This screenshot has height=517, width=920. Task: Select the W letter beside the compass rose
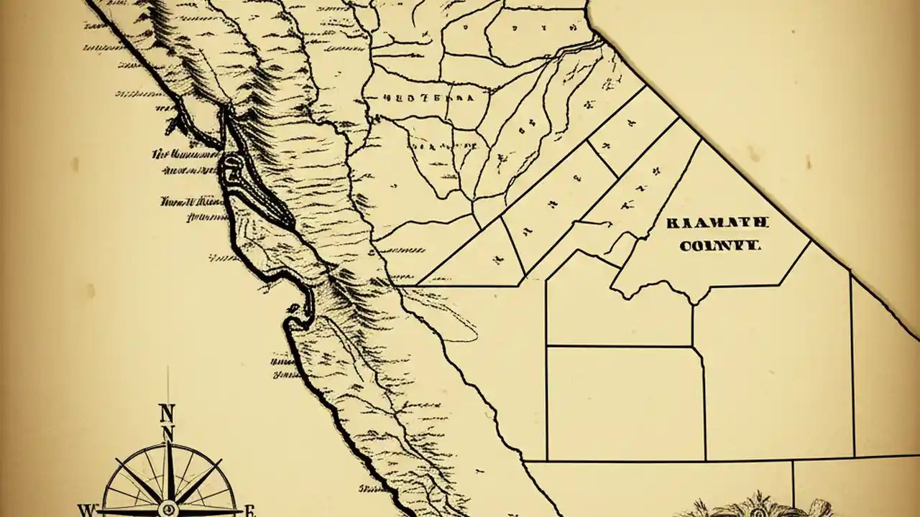point(86,511)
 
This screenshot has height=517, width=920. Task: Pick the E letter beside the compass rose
point(250,511)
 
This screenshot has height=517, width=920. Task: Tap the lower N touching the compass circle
point(167,433)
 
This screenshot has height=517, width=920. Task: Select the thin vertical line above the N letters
point(167,384)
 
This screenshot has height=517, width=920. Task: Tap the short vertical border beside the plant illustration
point(793,481)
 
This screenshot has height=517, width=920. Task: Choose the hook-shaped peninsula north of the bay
point(176,118)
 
